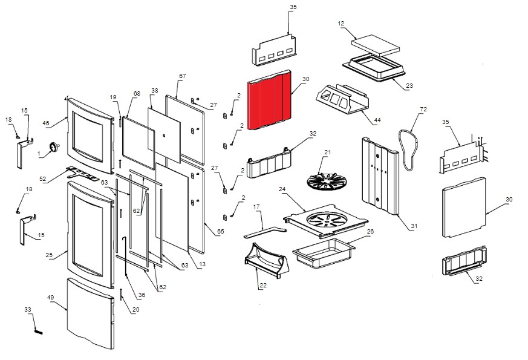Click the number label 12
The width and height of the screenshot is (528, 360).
341,24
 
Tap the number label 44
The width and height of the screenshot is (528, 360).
377,121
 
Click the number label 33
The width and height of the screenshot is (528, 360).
28,310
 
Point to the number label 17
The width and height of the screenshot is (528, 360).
256,207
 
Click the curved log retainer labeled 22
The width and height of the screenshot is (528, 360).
266,261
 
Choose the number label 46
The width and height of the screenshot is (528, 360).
45,123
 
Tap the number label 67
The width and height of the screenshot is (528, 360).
181,76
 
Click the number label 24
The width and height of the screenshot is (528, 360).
282,189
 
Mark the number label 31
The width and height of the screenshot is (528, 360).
414,226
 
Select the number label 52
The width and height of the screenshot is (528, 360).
42,178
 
